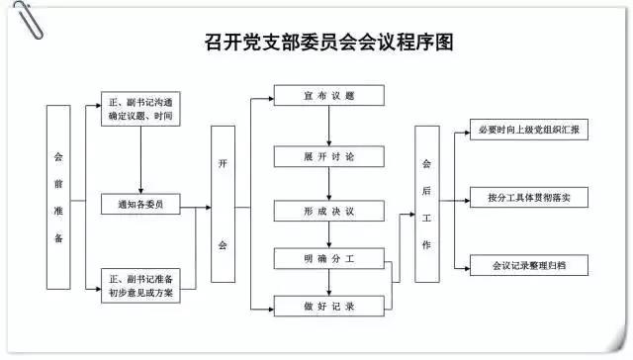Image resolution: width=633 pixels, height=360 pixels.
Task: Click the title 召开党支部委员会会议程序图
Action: [x=316, y=43]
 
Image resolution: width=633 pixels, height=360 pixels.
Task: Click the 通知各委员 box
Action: [x=141, y=205]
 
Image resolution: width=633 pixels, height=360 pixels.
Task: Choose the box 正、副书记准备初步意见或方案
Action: [x=141, y=284]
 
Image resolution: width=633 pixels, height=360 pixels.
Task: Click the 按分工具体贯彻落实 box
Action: [x=528, y=199]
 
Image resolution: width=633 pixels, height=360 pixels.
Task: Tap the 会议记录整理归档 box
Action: [x=528, y=266]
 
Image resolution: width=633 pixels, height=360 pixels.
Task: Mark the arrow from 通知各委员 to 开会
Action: [x=195, y=206]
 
